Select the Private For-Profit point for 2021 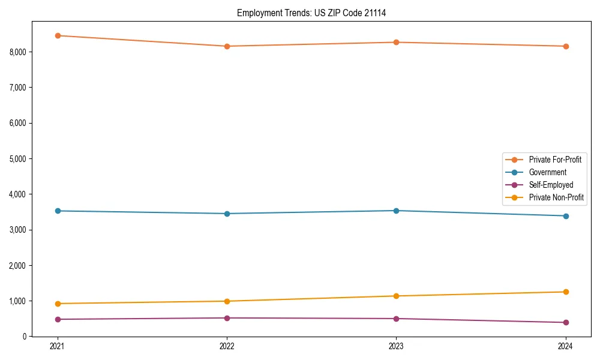[58, 35]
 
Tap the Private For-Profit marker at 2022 [227, 46]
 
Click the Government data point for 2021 [58, 211]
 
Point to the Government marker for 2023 [396, 211]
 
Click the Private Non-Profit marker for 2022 [227, 301]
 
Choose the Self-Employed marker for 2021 [58, 319]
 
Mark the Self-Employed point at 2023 [396, 319]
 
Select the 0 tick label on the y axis [25, 337]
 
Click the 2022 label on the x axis [227, 346]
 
